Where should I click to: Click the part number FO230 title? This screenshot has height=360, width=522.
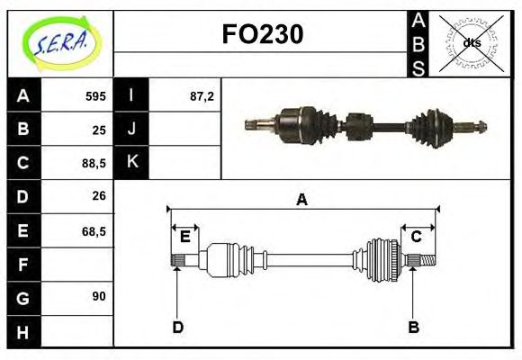(x=262, y=34)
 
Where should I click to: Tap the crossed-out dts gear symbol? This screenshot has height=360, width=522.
(x=471, y=43)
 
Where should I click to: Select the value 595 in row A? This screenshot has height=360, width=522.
(x=94, y=95)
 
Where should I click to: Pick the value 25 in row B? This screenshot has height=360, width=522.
(x=99, y=130)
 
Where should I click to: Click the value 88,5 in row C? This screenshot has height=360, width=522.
(x=93, y=164)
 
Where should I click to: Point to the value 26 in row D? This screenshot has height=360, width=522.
(x=99, y=196)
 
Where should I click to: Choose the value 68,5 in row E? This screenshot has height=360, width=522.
(x=93, y=230)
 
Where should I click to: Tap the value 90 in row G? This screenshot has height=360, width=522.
(x=99, y=295)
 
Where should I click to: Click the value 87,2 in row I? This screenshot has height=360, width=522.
(x=201, y=95)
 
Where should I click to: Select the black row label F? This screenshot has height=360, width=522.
(x=22, y=265)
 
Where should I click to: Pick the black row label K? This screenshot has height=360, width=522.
(x=131, y=163)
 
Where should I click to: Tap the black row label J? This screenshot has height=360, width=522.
(x=131, y=129)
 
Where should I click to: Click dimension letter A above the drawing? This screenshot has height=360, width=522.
(x=301, y=200)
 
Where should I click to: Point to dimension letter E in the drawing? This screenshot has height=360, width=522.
(x=184, y=237)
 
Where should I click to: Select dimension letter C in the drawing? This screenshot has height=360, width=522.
(x=417, y=237)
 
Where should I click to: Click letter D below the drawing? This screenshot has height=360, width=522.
(x=177, y=328)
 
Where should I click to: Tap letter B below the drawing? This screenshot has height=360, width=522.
(x=413, y=328)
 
